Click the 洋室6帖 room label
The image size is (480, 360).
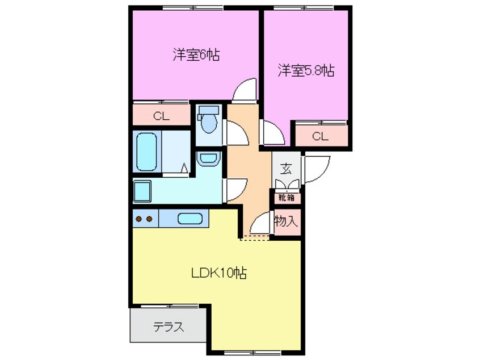[x=196, y=55]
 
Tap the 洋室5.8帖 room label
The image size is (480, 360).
[x=305, y=71]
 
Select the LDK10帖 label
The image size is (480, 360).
[x=218, y=273]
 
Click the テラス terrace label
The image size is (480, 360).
[x=169, y=327]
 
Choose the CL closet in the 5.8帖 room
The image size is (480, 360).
[x=319, y=136]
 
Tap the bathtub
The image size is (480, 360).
[x=146, y=151]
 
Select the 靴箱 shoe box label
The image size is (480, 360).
[x=286, y=198]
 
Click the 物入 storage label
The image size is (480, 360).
[x=286, y=220]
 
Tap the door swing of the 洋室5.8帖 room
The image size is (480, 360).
[x=270, y=133]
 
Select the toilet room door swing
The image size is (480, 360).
[x=235, y=132]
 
